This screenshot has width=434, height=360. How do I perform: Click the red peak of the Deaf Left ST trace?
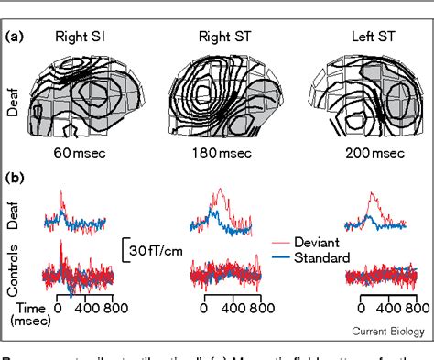pos(369,194)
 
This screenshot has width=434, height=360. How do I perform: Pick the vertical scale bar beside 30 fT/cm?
pos(122,247)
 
